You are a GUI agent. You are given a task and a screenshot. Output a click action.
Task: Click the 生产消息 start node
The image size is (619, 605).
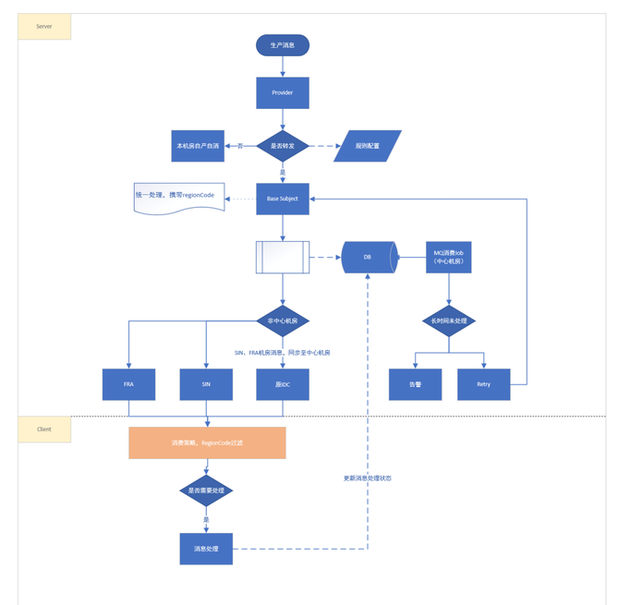coord(282,45)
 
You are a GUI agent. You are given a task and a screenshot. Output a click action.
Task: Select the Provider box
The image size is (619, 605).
coord(282,92)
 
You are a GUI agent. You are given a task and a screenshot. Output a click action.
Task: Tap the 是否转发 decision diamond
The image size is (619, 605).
coord(282,146)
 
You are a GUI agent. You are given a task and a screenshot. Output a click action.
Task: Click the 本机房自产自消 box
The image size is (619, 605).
coord(198,146)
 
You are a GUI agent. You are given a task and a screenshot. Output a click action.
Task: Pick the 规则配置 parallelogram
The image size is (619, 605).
coord(368,146)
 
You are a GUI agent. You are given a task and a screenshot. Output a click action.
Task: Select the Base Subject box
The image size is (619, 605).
coord(282,199)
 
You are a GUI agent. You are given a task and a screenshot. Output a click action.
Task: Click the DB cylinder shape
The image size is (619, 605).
coord(368,257)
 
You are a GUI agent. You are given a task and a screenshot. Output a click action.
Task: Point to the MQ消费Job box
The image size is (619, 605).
coord(448,257)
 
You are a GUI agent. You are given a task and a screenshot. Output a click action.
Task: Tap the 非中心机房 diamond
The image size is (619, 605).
coord(282,321)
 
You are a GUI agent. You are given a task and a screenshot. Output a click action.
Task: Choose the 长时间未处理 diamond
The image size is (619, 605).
coord(448,321)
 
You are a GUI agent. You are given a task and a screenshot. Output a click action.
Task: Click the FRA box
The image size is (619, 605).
coord(128,384)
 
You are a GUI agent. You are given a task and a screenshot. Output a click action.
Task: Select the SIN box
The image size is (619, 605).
coord(206,384)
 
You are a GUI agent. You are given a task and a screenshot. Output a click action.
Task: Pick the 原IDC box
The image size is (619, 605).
coord(282,384)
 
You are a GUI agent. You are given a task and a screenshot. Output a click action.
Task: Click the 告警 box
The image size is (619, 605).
coord(415,384)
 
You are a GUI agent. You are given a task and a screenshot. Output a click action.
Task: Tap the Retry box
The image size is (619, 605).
coord(483,384)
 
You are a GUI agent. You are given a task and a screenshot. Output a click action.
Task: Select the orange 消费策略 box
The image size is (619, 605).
coord(207,442)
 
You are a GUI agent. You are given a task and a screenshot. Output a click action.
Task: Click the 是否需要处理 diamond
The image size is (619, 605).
coord(206,490)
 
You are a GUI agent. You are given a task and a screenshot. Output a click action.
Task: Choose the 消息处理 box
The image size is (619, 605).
coord(206,549)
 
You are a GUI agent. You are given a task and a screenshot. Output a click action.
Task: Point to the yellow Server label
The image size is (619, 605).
coord(44,27)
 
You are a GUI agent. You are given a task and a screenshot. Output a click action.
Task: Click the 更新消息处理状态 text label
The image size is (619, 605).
coord(368,478)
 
